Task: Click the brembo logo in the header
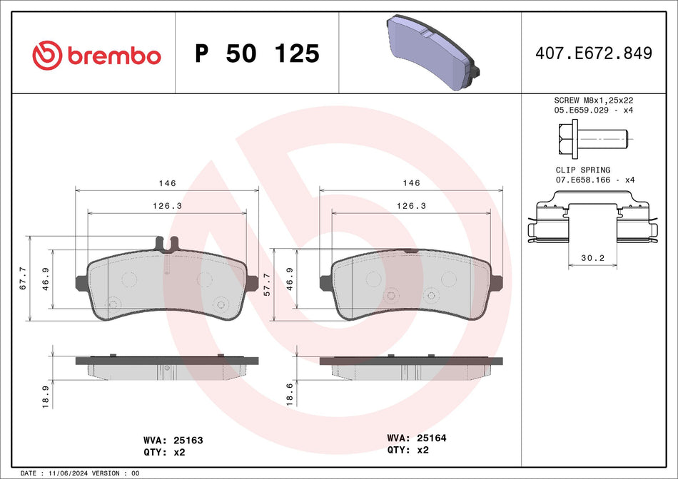96,55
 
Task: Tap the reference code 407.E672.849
593,53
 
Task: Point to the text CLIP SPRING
582,170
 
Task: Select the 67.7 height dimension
23,278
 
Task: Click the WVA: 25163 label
173,441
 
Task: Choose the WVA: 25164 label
416,438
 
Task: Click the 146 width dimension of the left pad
167,183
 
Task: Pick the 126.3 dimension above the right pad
410,205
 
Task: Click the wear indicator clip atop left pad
167,244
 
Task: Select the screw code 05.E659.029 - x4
594,111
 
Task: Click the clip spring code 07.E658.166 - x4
594,180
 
